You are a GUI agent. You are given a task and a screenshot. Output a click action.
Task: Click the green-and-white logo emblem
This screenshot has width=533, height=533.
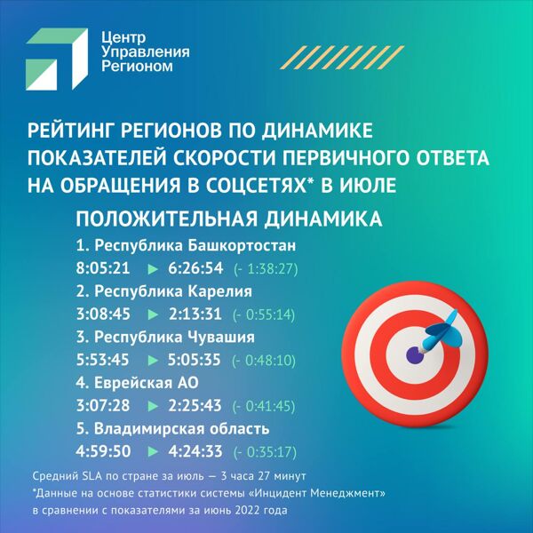tap(57, 60)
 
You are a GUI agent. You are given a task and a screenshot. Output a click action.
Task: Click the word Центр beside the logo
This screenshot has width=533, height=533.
tap(123, 37)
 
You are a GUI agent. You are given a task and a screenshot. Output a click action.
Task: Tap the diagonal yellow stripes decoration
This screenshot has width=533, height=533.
tap(342, 58)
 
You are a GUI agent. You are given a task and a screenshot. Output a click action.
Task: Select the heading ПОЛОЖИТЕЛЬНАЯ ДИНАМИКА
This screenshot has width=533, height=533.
tap(229, 219)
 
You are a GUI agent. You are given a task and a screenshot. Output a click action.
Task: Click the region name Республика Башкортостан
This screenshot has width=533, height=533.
tap(195, 245)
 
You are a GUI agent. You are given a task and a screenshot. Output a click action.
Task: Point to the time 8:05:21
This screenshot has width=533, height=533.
tap(103, 268)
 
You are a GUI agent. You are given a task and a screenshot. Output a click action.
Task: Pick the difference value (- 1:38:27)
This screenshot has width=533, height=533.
tap(266, 269)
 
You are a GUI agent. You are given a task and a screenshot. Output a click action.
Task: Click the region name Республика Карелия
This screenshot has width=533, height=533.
tap(173, 291)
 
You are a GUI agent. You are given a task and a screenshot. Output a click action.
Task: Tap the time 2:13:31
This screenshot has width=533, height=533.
tap(195, 314)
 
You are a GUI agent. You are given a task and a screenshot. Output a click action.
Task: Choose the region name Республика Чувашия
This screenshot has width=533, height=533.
tap(174, 337)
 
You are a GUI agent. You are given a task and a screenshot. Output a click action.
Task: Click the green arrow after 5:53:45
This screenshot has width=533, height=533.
tap(153, 361)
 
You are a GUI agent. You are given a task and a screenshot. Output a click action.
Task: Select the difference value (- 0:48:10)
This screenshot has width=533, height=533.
tap(264, 361)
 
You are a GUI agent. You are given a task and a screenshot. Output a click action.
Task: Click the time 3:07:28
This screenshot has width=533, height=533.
tap(103, 406)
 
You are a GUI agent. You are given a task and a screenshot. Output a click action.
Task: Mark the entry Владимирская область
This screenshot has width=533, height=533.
tap(181, 429)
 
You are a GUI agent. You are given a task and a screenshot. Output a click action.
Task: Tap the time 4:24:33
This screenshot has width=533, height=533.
tap(195, 451)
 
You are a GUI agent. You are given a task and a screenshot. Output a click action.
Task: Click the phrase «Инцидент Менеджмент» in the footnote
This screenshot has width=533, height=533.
tap(317, 493)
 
